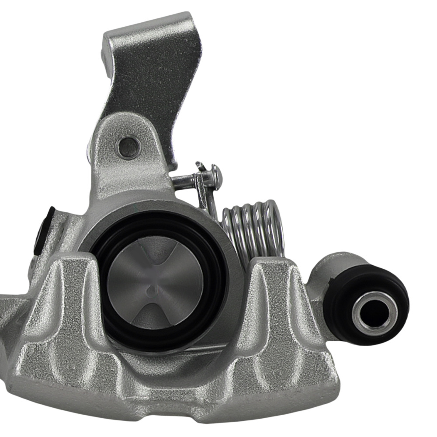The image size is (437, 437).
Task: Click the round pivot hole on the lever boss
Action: tap(129, 147)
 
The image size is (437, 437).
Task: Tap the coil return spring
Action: tap(253, 229)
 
